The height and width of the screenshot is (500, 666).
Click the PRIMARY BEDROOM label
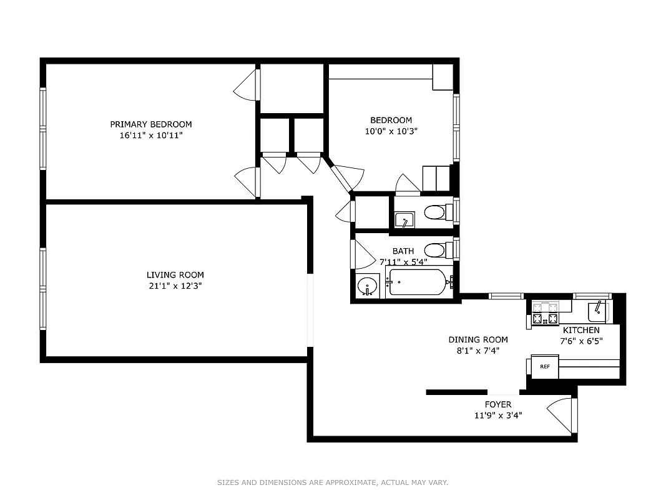pyautogui.click(x=151, y=124)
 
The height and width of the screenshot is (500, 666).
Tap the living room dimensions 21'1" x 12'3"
pyautogui.click(x=175, y=286)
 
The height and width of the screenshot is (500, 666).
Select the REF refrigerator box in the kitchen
pyautogui.click(x=544, y=367)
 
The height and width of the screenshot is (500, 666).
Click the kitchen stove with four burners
pyautogui.click(x=544, y=313)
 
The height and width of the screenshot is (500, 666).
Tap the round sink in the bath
pyautogui.click(x=368, y=287)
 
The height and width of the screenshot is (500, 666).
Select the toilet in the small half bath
pyautogui.click(x=434, y=212)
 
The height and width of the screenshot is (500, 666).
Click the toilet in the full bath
pyautogui.click(x=434, y=251)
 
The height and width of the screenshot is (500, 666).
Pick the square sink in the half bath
pyautogui.click(x=404, y=220)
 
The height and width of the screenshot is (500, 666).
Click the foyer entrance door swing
pyautogui.click(x=560, y=414)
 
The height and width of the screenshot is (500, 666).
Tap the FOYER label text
pyautogui.click(x=498, y=404)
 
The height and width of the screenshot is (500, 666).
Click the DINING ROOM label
pyautogui.click(x=478, y=339)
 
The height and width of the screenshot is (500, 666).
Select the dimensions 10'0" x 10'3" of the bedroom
pyautogui.click(x=391, y=131)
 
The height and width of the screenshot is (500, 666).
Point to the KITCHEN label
pyautogui.click(x=581, y=330)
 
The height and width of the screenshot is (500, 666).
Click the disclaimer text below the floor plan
pyautogui.click(x=333, y=482)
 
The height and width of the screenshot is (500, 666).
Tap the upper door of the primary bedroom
pyautogui.click(x=247, y=86)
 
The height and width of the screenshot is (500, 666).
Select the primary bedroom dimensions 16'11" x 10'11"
pyautogui.click(x=151, y=134)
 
